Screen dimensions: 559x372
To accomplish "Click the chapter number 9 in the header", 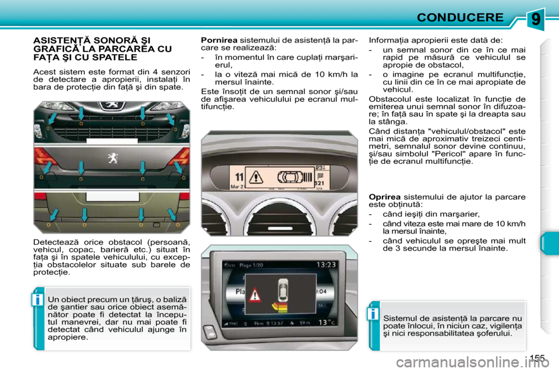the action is tap(536, 19).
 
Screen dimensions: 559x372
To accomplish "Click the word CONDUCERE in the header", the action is tap(460, 17).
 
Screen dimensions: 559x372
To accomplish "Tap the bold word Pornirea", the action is tap(219, 40).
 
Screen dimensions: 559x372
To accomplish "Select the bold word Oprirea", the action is tap(384, 197).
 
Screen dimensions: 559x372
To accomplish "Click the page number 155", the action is tap(537, 358).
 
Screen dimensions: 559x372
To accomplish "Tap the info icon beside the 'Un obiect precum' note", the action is tap(37, 299).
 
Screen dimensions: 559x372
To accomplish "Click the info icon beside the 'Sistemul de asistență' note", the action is tap(373, 314).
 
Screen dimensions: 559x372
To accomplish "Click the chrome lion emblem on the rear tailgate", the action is tap(112, 158).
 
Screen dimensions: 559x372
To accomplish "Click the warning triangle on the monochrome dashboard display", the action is tap(256, 177).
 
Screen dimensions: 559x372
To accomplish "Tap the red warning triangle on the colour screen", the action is tap(254, 295).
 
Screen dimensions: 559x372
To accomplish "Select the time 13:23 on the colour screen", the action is tap(326, 264).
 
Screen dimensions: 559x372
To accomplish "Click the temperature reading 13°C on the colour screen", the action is tap(327, 322).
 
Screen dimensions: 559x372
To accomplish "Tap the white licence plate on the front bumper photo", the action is tap(112, 141).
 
